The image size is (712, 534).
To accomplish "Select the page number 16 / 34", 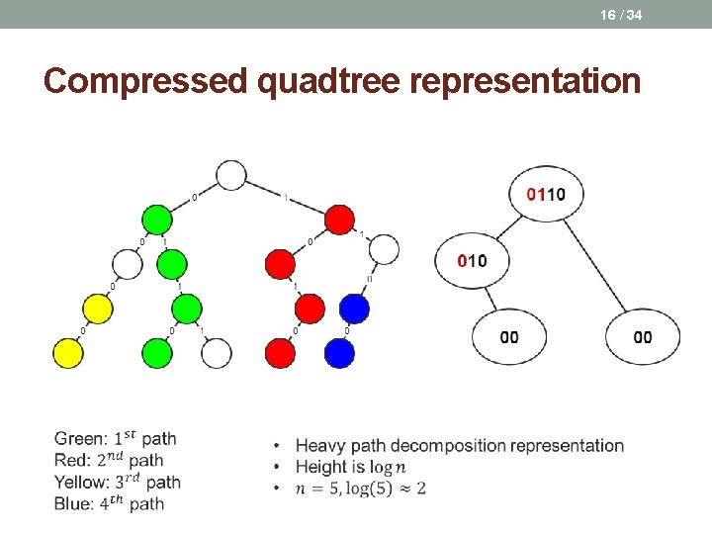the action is click(x=621, y=15).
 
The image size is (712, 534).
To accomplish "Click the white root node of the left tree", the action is click(x=230, y=175).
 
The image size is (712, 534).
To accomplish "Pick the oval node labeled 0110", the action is click(x=546, y=194).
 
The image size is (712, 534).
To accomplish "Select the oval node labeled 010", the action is click(x=472, y=261).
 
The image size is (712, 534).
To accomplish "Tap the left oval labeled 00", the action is click(x=509, y=337).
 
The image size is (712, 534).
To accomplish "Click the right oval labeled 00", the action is click(x=643, y=337).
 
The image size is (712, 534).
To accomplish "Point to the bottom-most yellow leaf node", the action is click(x=66, y=352).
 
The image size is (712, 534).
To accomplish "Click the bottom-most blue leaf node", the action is click(x=338, y=352).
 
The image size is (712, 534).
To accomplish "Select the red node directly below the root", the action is click(x=339, y=220).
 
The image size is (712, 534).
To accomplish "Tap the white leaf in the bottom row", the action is click(x=217, y=352).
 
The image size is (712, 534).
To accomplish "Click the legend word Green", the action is click(x=79, y=439).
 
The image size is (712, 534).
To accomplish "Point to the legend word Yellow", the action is click(x=82, y=483).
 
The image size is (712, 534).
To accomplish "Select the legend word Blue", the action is click(x=74, y=504).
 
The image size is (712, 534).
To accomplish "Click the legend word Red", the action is click(x=71, y=461).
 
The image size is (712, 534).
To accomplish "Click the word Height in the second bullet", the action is click(x=321, y=467).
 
